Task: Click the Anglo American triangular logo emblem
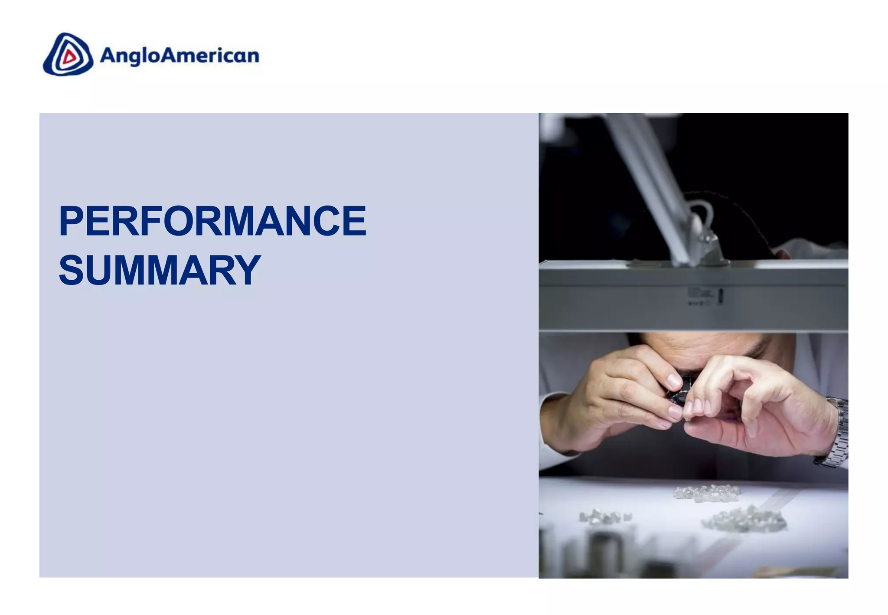68,55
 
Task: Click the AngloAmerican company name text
180,56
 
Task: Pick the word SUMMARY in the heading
160,270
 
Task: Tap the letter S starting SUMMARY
71,270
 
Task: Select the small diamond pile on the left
605,517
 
